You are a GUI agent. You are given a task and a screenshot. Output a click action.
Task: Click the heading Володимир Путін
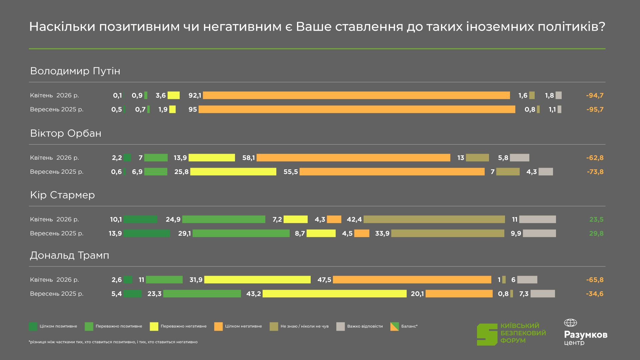click(x=75, y=71)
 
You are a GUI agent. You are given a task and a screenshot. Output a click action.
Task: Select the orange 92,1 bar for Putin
click(x=356, y=95)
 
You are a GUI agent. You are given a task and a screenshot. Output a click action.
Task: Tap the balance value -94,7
click(x=595, y=96)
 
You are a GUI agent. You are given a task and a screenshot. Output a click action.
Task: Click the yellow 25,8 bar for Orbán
click(x=233, y=172)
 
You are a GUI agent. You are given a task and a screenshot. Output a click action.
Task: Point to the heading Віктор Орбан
click(x=66, y=133)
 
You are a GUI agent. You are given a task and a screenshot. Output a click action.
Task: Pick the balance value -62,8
click(x=595, y=158)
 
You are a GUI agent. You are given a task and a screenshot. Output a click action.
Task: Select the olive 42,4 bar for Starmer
click(x=434, y=219)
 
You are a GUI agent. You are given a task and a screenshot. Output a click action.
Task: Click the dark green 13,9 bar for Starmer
click(x=147, y=233)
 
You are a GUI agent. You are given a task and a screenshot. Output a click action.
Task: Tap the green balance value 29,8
click(x=596, y=234)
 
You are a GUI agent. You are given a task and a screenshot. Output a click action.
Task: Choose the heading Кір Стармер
click(x=62, y=195)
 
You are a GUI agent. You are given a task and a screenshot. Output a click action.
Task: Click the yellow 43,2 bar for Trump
click(x=334, y=294)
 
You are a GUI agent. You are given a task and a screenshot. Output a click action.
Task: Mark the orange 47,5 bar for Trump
click(x=412, y=280)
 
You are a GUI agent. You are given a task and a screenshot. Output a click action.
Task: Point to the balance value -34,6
click(x=595, y=294)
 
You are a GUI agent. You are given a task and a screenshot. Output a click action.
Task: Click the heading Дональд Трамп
click(x=70, y=256)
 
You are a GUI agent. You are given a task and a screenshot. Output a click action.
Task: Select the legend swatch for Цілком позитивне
click(x=33, y=326)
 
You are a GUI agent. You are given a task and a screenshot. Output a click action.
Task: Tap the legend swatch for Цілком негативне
click(x=218, y=326)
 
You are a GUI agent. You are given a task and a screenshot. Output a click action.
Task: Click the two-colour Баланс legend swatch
click(x=394, y=326)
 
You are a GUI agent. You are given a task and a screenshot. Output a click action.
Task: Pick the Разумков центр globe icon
click(x=570, y=323)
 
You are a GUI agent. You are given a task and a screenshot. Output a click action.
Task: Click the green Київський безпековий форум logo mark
click(x=487, y=334)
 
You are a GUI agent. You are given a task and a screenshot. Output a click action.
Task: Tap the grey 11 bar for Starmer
click(x=537, y=219)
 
